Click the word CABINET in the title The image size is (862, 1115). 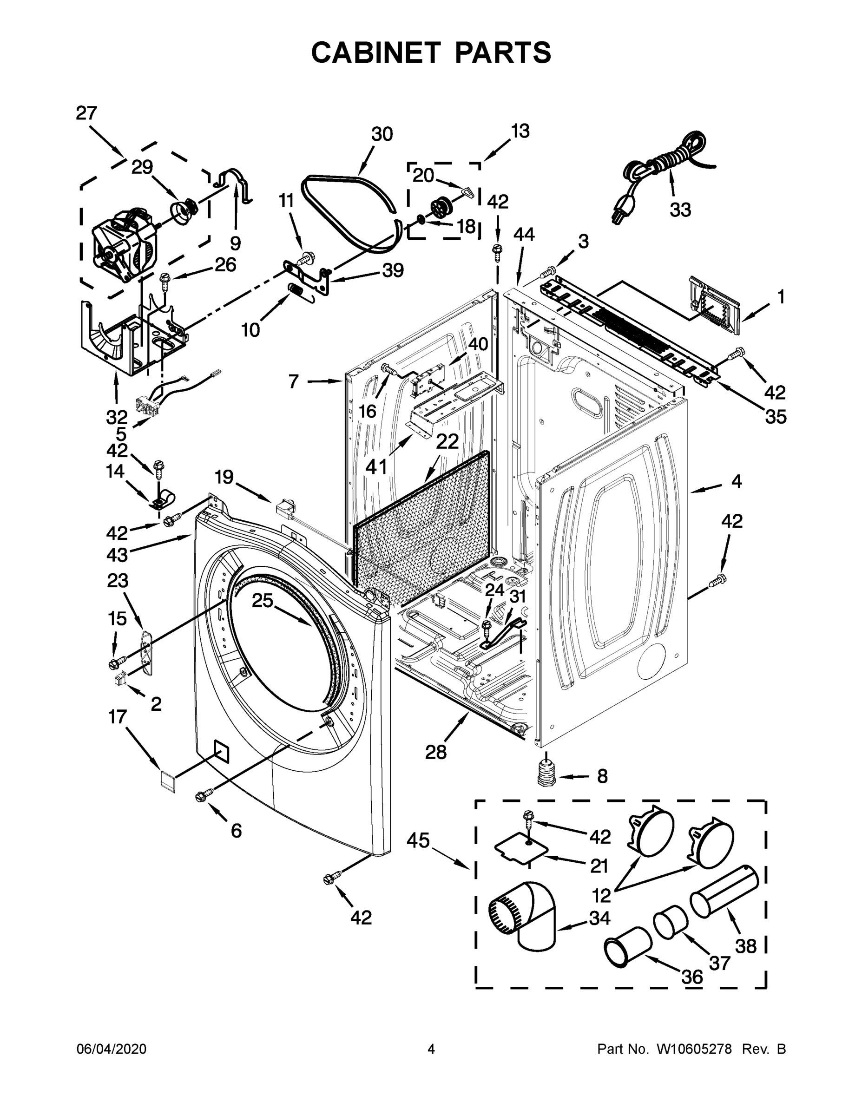tap(376, 52)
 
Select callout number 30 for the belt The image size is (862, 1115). tap(382, 134)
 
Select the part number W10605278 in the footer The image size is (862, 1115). tap(694, 1049)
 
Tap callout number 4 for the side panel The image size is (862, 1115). tap(737, 481)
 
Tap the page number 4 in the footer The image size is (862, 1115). tap(431, 1049)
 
